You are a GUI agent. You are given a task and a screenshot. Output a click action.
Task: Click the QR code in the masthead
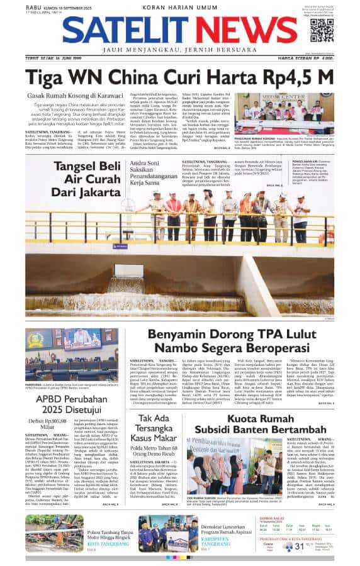pos(322,30)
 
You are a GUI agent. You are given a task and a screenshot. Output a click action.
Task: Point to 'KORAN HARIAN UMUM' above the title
pos(180,7)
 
